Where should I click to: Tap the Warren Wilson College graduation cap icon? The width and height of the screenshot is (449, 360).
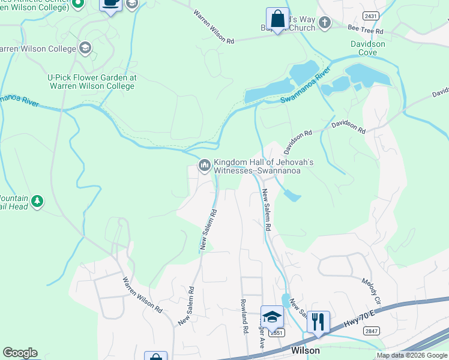86,47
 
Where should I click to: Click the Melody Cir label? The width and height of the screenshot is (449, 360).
372,290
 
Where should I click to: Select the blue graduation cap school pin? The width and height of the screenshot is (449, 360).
272,316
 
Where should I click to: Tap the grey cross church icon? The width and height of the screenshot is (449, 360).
325,23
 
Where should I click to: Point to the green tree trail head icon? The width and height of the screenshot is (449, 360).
38,201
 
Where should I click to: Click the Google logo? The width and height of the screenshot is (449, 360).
20,353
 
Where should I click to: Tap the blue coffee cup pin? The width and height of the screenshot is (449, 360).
111,4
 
